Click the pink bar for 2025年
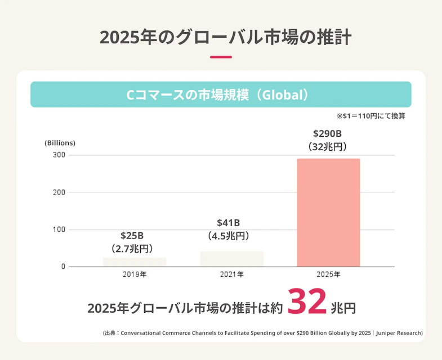[328, 213]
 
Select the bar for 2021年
[231, 259]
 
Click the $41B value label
[229, 223]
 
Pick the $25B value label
[132, 235]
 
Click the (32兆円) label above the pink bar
[328, 147]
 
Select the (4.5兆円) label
[229, 236]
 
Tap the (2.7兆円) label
[132, 248]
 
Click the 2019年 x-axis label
[135, 275]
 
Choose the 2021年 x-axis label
[231, 275]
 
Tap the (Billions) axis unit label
[60, 143]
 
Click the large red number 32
[307, 303]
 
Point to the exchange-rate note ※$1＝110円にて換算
[371, 116]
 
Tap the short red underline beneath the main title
[221, 57]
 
